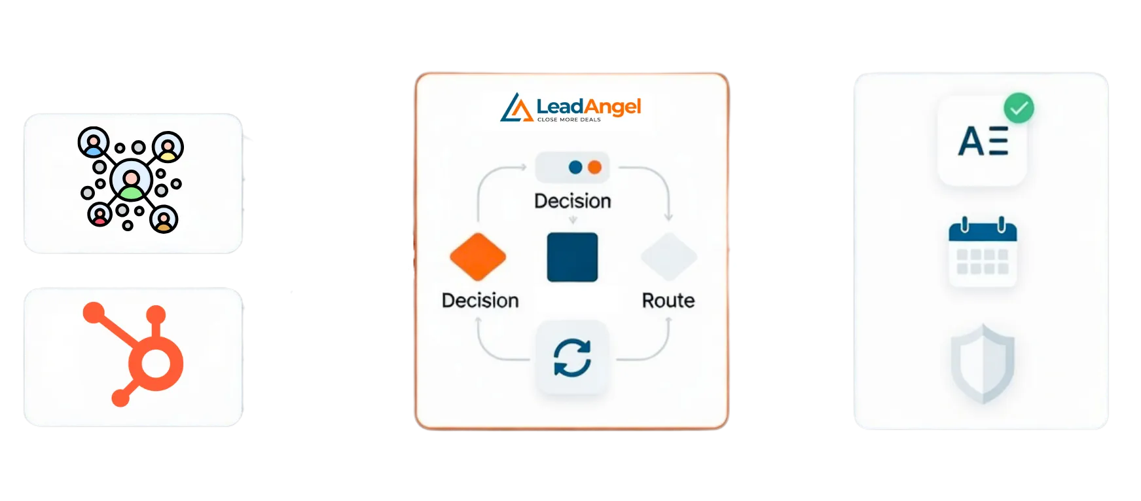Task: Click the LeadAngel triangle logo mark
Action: pos(516,108)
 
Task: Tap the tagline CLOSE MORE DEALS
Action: pos(569,120)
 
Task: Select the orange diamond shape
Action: pos(478,257)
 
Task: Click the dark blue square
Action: pos(572,257)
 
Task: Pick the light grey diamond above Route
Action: pos(668,257)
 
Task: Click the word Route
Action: pos(668,301)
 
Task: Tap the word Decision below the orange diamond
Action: pos(480,301)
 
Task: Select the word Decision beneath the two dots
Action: pos(572,201)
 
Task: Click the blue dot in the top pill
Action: pos(575,167)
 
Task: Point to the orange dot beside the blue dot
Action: pos(594,167)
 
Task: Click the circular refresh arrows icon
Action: pos(572,358)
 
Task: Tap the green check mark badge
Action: pos(1019,108)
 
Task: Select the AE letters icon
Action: pos(982,141)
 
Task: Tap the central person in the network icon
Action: pos(131,182)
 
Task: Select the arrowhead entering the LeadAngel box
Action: pos(401,267)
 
